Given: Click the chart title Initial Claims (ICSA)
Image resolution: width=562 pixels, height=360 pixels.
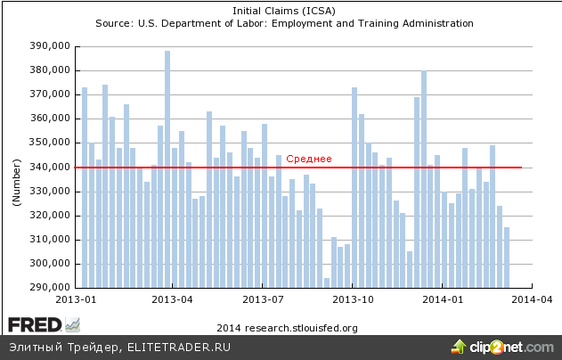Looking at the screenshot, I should point(281,11).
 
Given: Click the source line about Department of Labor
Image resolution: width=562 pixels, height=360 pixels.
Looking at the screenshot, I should point(281,23).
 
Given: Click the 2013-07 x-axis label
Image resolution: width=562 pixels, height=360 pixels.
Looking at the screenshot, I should point(264,300).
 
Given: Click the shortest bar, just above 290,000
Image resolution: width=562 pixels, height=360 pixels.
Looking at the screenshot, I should point(327,282).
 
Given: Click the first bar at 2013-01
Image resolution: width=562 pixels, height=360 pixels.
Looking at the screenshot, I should point(85,187).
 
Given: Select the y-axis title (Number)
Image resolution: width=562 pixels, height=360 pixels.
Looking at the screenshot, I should point(16,184).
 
